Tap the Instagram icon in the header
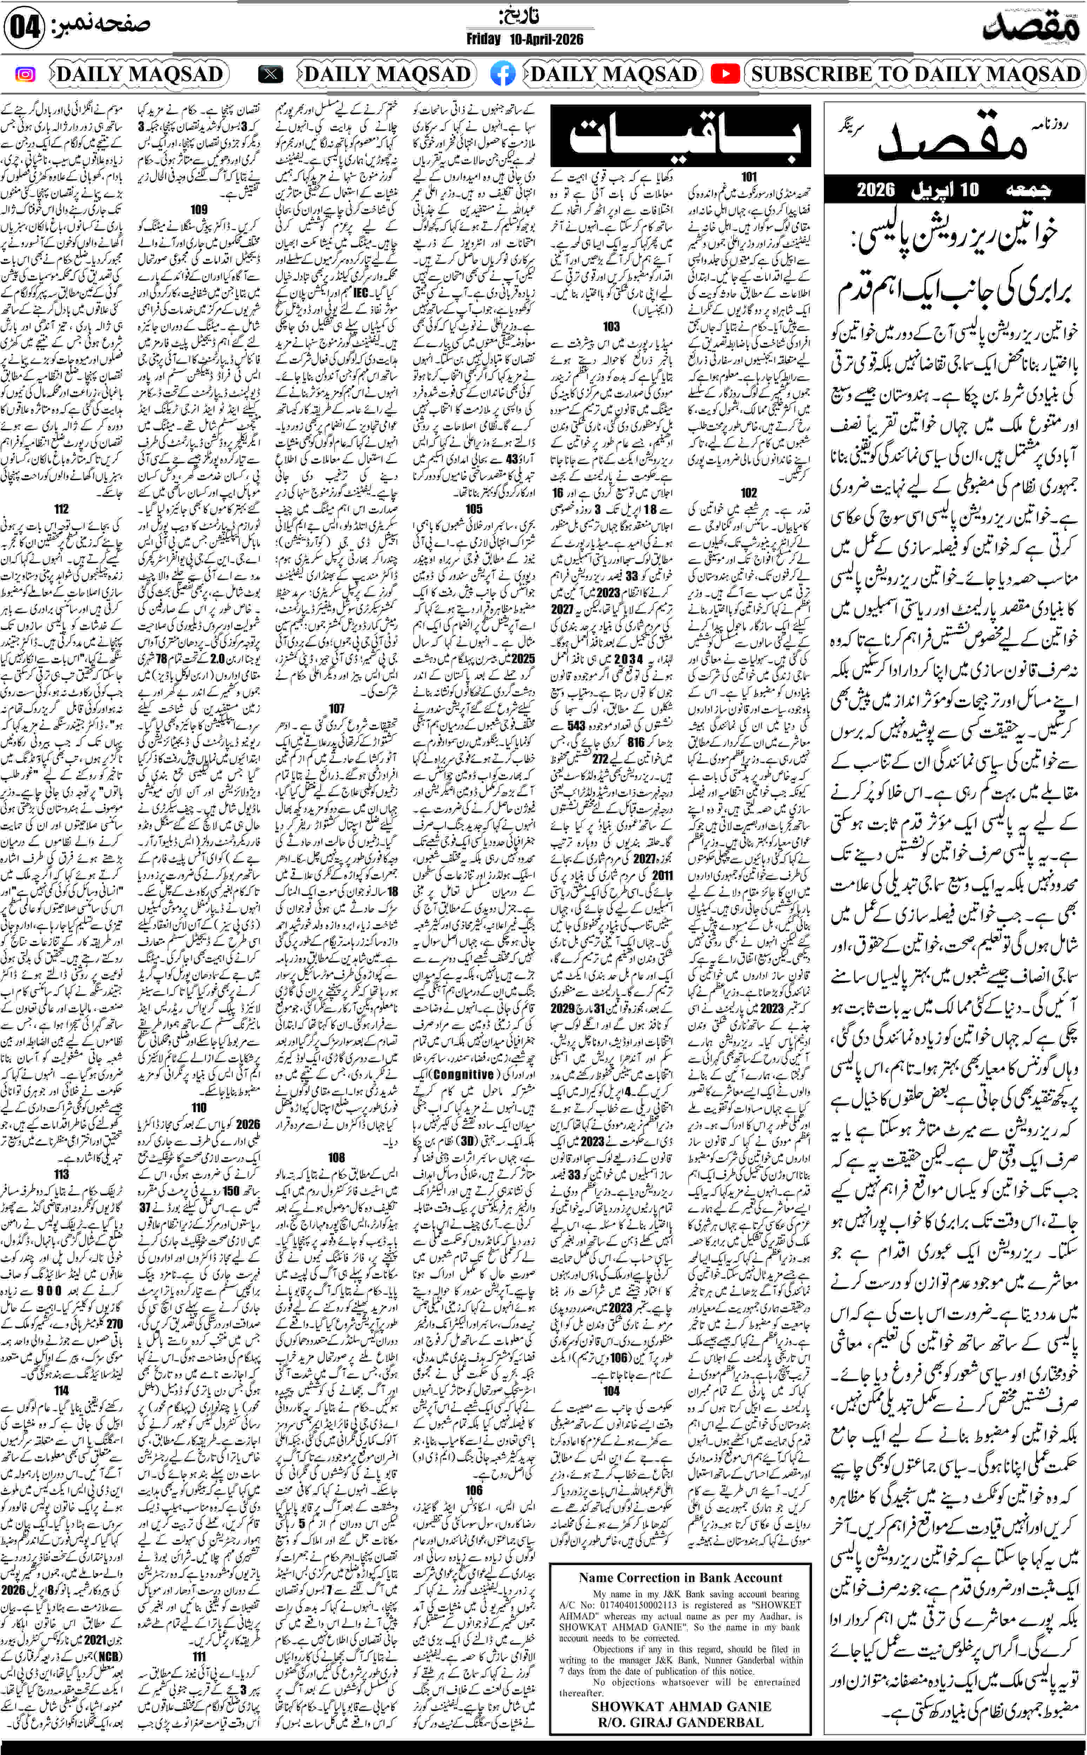click(25, 74)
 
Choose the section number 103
click(611, 326)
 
